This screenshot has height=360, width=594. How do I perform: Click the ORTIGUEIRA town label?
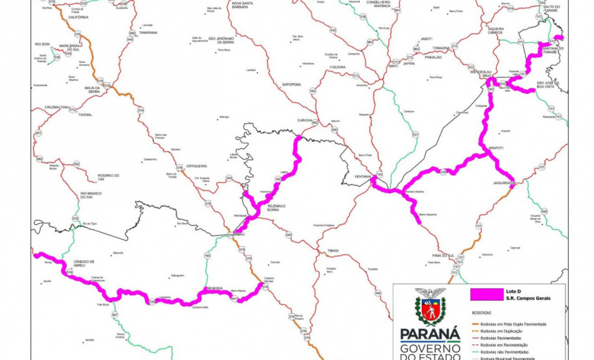[197, 166]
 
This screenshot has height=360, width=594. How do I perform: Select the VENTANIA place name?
[363, 176]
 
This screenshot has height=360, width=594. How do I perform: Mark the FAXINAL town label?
[85, 115]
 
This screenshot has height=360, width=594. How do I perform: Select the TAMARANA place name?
[148, 32]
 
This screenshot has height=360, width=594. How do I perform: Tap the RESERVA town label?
[215, 287]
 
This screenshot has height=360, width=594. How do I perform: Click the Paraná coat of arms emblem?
[430, 307]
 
